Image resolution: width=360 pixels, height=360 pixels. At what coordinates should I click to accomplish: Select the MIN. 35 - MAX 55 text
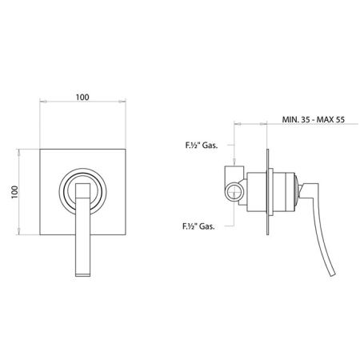314,119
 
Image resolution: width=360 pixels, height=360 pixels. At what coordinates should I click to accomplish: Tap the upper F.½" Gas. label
202,146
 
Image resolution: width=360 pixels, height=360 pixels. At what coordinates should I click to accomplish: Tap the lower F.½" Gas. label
198,226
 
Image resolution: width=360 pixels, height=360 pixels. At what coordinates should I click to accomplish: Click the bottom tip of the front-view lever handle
82,276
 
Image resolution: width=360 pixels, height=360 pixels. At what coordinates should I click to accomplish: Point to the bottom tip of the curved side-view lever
333,274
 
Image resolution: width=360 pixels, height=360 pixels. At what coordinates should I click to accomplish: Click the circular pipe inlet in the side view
234,192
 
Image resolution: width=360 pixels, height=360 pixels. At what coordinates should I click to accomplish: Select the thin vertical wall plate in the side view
267,192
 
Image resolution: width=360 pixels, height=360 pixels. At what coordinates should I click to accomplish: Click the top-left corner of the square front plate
40,149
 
